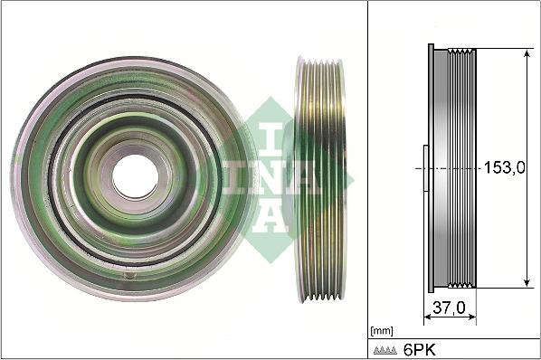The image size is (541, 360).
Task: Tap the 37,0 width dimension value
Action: [x=449, y=308]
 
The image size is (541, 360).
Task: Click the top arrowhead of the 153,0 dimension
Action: [x=527, y=53]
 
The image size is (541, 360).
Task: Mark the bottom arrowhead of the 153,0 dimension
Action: [x=527, y=282]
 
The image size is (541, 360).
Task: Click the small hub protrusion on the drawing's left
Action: [x=422, y=168]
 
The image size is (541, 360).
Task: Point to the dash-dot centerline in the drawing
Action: [x=452, y=168]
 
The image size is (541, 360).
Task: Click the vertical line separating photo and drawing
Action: [x=368, y=180]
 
